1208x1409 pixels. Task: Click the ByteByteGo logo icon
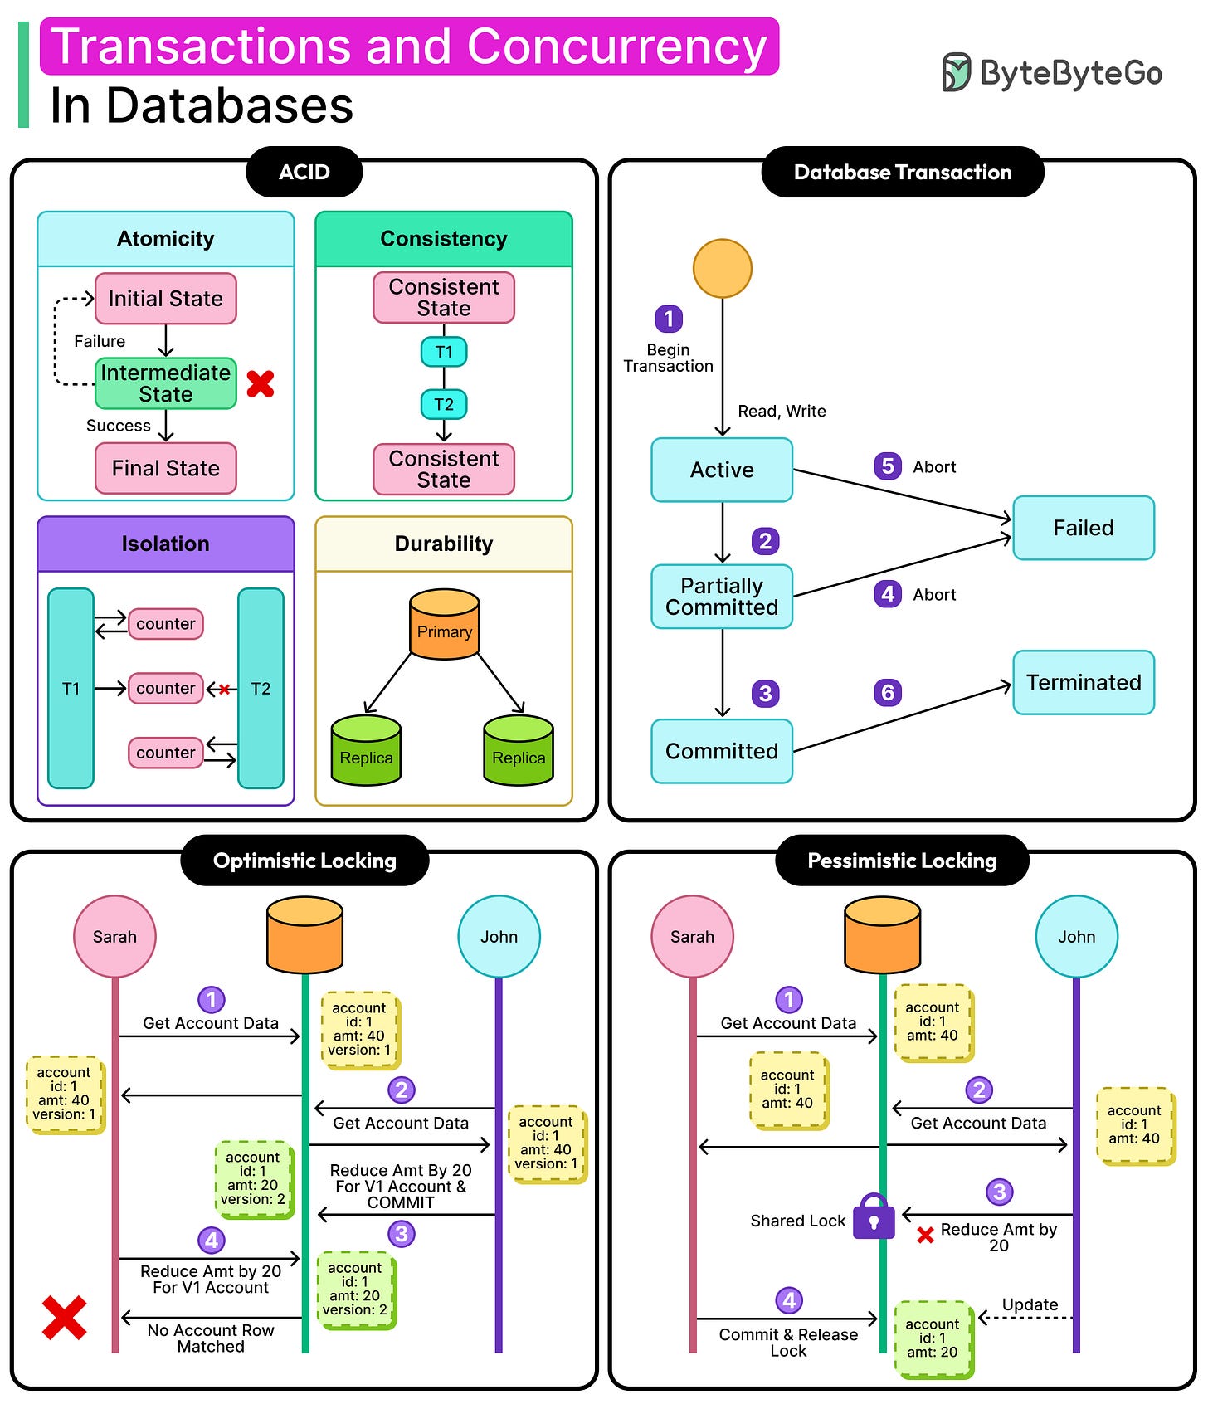956,72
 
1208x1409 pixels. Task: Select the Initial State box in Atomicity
166,299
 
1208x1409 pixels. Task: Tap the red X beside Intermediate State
261,383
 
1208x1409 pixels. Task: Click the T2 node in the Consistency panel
444,404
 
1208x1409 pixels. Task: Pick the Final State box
166,468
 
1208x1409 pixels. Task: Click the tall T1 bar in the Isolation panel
71,688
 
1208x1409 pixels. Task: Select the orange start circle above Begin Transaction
722,268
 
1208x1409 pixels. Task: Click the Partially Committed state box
722,597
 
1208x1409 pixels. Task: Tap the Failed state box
1083,528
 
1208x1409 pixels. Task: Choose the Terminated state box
1083,682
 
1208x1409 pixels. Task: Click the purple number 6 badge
887,692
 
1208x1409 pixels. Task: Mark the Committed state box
722,751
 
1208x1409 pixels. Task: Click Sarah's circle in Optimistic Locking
114,936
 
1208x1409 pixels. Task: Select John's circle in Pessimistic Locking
1076,936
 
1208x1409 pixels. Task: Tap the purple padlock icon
874,1217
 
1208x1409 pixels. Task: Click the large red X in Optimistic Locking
65,1318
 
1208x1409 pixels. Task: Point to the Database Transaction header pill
902,172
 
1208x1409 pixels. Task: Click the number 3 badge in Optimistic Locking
402,1234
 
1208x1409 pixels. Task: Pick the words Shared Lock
797,1221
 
